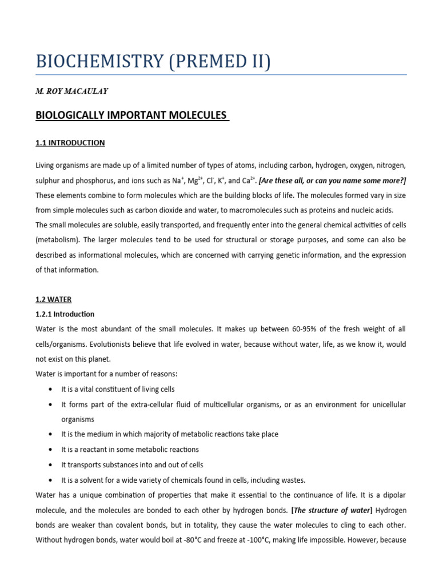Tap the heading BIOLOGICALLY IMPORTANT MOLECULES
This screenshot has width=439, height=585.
click(x=132, y=115)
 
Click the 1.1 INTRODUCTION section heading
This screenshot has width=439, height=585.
click(x=70, y=142)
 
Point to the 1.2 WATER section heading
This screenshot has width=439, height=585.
click(x=53, y=299)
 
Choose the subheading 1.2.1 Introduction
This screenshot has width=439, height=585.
click(x=65, y=314)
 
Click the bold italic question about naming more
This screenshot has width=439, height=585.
click(x=332, y=181)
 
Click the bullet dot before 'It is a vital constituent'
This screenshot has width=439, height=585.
click(x=51, y=389)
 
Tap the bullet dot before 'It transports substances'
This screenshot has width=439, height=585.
click(x=51, y=464)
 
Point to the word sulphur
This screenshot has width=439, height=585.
click(x=49, y=181)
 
